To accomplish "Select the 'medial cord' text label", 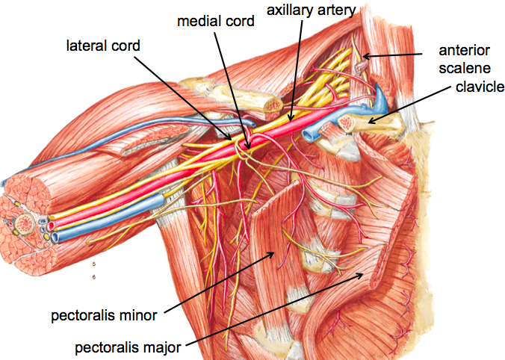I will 217,20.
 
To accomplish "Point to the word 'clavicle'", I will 480,87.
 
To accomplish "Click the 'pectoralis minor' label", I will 104,315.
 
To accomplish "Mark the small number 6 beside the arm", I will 95,276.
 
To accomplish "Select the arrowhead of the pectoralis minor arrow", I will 279,252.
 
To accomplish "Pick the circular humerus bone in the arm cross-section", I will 21,222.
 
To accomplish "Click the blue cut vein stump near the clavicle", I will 308,135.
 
